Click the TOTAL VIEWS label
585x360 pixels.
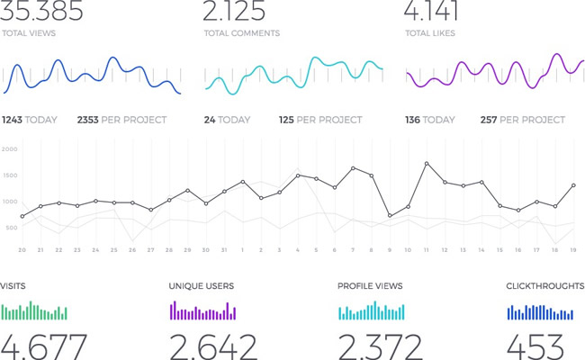point(29,33)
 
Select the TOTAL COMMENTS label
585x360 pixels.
point(241,33)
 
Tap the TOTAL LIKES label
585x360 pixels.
point(429,33)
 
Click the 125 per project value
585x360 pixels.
point(286,120)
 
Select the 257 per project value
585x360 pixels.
point(488,120)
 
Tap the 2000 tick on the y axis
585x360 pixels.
point(10,149)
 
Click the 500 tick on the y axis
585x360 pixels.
point(10,228)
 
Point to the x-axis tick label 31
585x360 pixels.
point(224,249)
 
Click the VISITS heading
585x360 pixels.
point(13,286)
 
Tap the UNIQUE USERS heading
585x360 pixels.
point(201,286)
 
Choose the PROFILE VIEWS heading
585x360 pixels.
point(371,286)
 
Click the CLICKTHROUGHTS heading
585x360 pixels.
point(545,286)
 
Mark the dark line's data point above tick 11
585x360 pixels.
point(426,164)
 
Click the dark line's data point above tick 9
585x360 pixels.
point(390,216)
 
